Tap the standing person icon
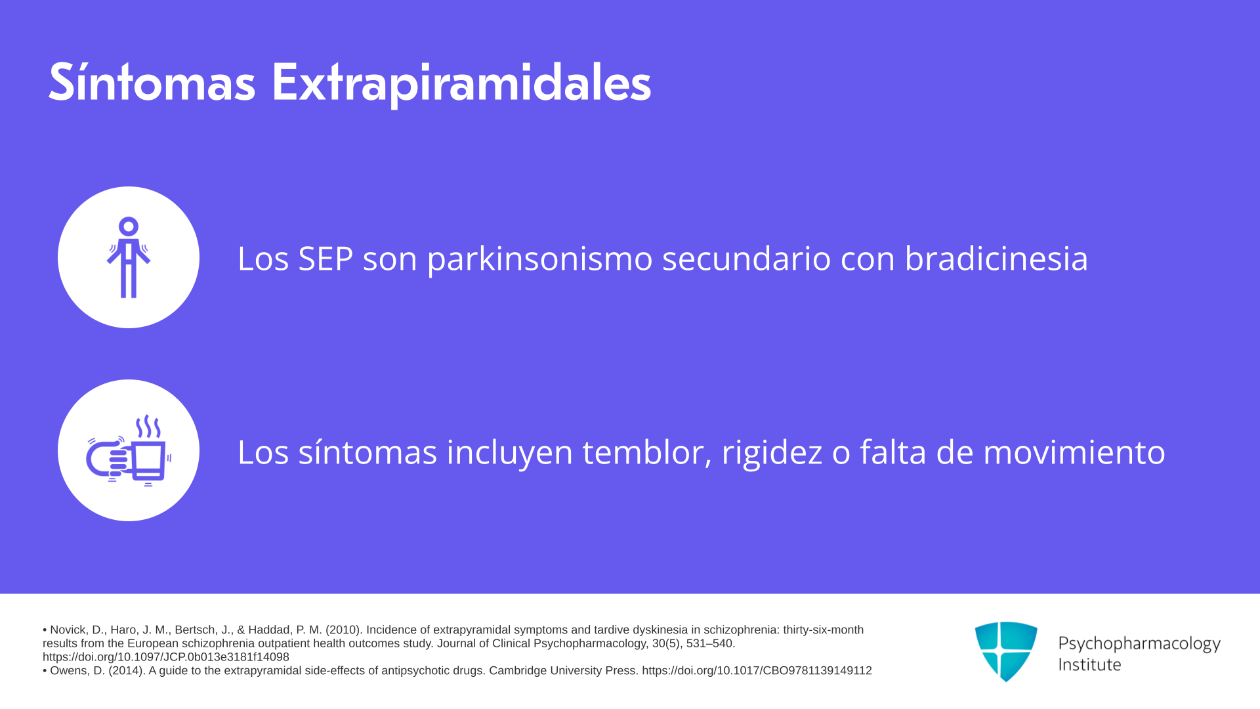(x=129, y=257)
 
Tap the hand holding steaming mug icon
(x=129, y=450)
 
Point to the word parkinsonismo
(x=539, y=259)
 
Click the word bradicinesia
(x=996, y=258)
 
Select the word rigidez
(x=772, y=452)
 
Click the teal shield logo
(x=1006, y=651)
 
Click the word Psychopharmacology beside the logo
(x=1139, y=643)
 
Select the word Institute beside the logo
(x=1089, y=664)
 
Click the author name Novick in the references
(x=68, y=630)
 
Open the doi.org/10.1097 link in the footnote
(x=166, y=656)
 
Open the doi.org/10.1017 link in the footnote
(x=757, y=670)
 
